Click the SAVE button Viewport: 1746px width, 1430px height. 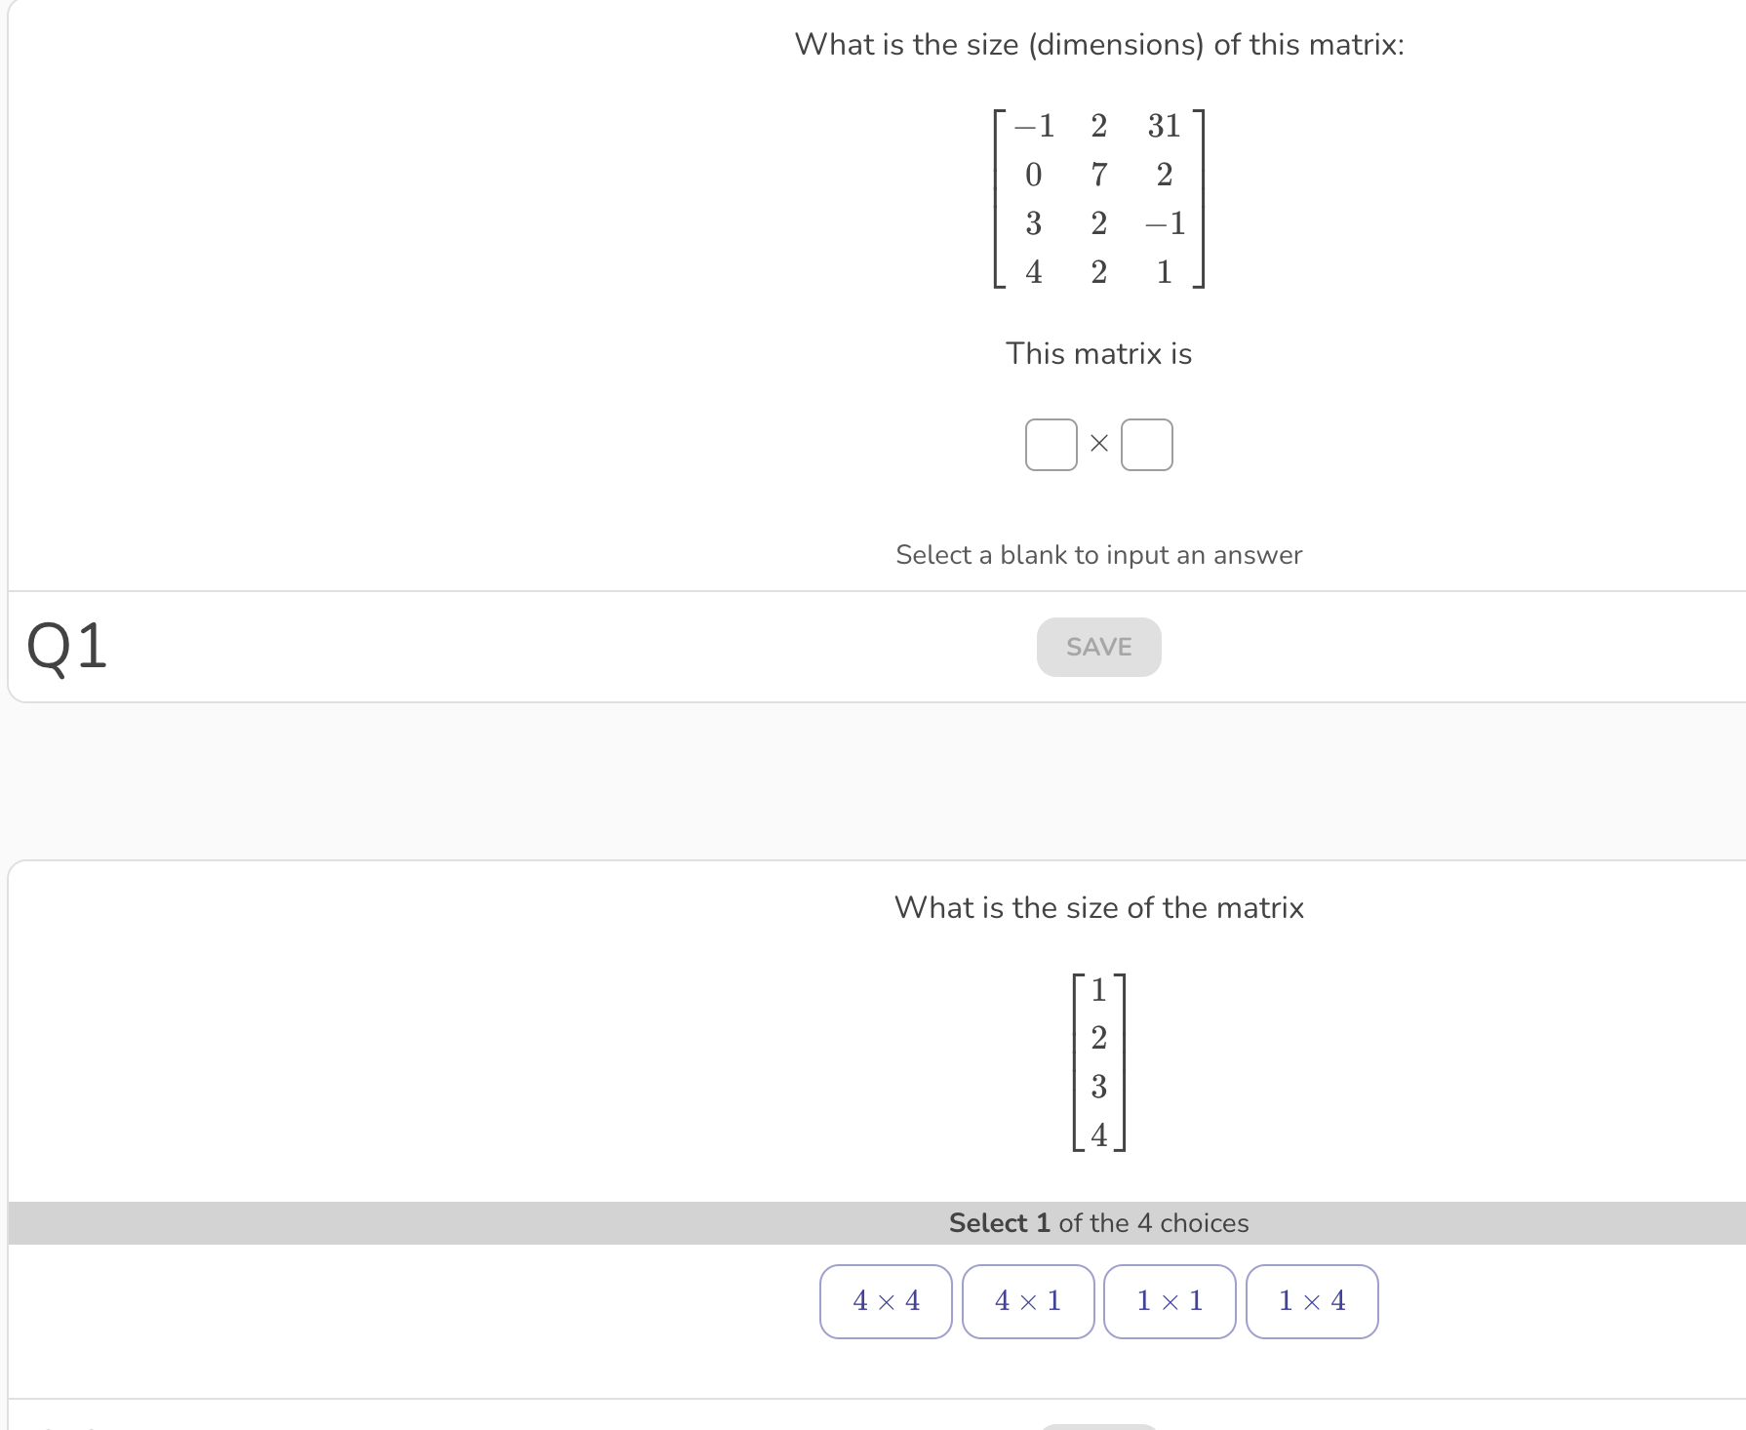click(1098, 647)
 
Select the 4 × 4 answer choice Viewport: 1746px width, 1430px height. click(886, 1301)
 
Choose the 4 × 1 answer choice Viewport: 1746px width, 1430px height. click(1028, 1301)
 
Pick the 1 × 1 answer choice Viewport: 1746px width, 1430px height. click(1170, 1301)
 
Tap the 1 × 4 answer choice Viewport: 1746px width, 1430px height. click(1312, 1301)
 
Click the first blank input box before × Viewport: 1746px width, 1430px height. click(1051, 445)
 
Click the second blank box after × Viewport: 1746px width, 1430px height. click(1146, 445)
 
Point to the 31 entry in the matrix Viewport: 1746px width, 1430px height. click(1164, 126)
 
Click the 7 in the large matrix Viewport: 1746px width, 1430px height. click(1099, 175)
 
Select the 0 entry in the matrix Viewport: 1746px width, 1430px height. click(1034, 175)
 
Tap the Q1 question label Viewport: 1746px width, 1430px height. click(66, 646)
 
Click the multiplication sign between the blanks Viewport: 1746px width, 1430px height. click(1099, 444)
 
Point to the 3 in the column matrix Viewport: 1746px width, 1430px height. click(1099, 1087)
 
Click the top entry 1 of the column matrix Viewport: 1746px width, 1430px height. click(1099, 990)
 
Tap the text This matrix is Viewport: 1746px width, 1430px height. click(1098, 353)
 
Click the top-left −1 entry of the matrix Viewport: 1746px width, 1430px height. click(1034, 126)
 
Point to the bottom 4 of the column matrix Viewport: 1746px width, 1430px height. click(1099, 1135)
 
